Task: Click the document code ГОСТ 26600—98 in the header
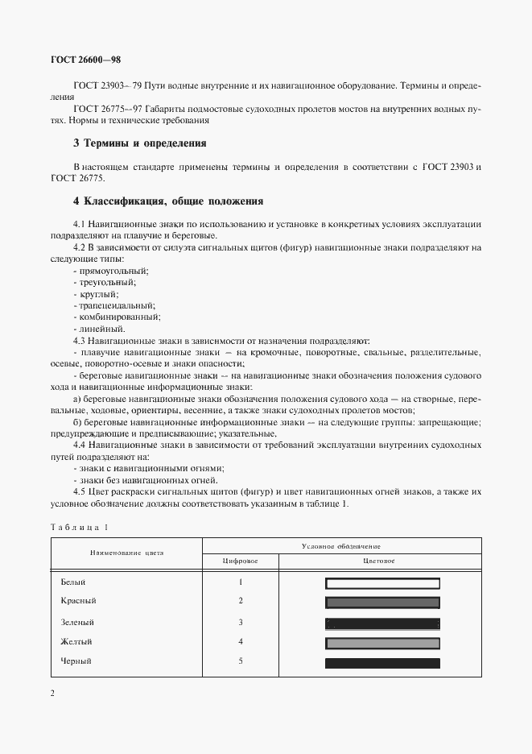[85, 59]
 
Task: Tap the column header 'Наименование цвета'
[126, 553]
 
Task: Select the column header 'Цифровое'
[241, 560]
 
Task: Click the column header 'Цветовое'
[381, 560]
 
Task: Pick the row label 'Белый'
[72, 582]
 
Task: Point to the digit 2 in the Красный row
[241, 601]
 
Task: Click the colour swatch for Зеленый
[382, 623]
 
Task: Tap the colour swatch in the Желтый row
[382, 643]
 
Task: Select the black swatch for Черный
[382, 663]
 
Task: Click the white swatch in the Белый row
[382, 583]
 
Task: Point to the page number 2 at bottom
[52, 694]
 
